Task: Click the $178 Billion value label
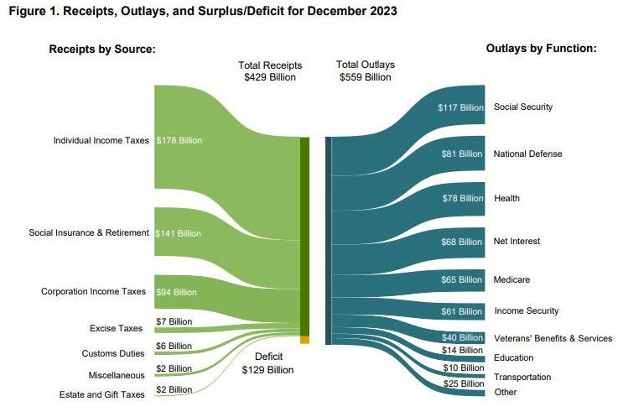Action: (179, 140)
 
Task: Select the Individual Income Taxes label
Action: (101, 140)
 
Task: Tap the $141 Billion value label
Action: (178, 232)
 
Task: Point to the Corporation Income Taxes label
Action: (93, 292)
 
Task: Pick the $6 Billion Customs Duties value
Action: (174, 346)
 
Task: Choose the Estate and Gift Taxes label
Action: (101, 394)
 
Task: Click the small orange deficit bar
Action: (305, 339)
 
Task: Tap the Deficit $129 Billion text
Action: (267, 362)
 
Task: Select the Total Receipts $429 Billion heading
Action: (270, 70)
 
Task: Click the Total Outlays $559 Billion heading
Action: (365, 70)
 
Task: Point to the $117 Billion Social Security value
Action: (460, 107)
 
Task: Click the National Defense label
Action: (527, 154)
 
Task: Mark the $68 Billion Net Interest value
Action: (462, 242)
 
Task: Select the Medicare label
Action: (512, 279)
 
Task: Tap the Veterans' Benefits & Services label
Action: (553, 338)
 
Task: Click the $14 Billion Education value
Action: (462, 350)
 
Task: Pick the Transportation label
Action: (522, 377)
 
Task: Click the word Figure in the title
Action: (27, 12)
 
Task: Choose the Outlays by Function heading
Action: (541, 49)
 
